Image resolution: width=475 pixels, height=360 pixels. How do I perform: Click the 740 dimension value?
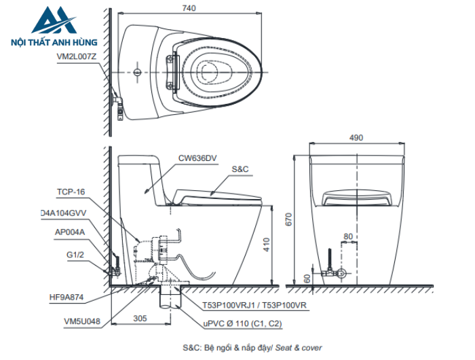click(x=189, y=8)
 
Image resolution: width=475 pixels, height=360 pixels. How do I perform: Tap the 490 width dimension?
click(x=356, y=138)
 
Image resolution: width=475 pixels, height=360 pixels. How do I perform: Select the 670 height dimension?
click(x=288, y=219)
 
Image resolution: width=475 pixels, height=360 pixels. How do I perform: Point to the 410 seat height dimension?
click(x=266, y=245)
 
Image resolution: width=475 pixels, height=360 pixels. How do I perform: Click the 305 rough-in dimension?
click(x=140, y=319)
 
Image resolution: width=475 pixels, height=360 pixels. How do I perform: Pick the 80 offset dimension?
click(x=348, y=236)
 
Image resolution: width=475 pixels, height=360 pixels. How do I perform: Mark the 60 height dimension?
click(x=307, y=278)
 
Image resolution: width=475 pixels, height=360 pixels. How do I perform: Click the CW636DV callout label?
click(x=197, y=158)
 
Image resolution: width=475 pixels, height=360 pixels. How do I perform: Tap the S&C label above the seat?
click(x=240, y=169)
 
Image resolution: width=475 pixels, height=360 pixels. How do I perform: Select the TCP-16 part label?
click(x=71, y=192)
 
